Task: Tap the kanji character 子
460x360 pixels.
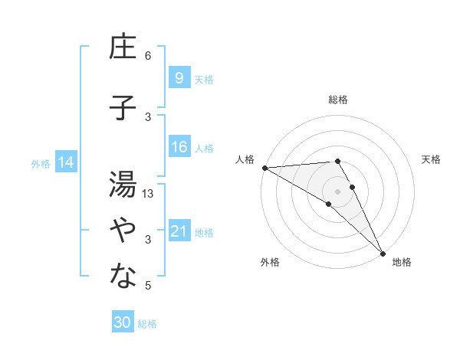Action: [123, 108]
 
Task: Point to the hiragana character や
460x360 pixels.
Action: [123, 231]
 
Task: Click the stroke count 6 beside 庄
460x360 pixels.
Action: [148, 56]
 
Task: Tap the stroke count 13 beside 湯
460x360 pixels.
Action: [149, 194]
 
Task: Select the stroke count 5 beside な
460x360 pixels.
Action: [148, 286]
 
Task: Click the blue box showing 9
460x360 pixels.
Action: [179, 77]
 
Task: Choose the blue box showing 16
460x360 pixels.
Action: [179, 147]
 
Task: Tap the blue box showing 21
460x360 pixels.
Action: [179, 231]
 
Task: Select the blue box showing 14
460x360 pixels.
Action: [66, 162]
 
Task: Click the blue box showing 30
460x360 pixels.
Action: [122, 322]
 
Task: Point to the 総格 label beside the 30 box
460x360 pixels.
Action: [147, 324]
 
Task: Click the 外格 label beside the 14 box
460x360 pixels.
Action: [41, 163]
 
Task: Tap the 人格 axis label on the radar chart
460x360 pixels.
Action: [245, 159]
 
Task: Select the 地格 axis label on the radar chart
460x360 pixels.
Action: [402, 262]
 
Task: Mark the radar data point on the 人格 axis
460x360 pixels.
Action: [264, 168]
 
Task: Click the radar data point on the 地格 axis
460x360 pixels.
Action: [383, 252]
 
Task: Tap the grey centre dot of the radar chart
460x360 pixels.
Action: [337, 190]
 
